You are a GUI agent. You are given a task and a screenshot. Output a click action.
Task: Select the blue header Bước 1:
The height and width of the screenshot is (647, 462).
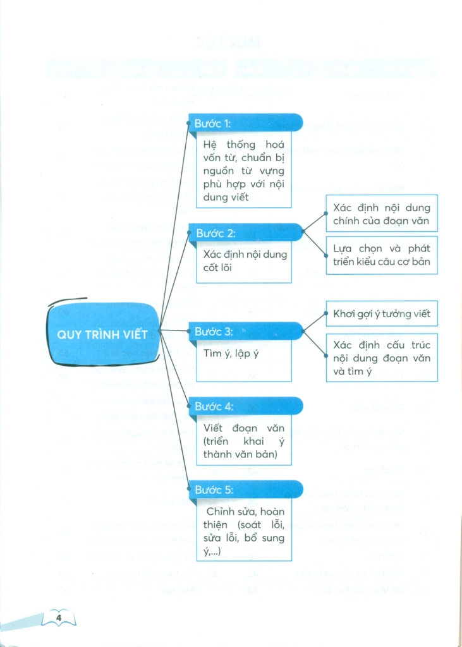243,123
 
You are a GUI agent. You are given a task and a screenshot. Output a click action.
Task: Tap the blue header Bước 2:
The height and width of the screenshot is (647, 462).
243,233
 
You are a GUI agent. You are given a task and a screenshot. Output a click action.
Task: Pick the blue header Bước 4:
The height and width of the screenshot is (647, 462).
243,406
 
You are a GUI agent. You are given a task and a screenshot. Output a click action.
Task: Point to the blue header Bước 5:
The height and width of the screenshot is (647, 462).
243,490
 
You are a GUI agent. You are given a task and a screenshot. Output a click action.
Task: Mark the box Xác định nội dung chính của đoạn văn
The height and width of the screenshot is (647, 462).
381,214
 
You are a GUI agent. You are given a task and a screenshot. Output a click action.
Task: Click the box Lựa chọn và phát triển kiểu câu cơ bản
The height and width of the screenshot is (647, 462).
381,255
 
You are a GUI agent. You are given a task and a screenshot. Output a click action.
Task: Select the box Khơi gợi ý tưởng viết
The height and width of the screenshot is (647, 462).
381,313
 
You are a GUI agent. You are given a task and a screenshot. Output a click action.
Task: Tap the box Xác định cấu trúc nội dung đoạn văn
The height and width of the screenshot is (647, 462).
381,358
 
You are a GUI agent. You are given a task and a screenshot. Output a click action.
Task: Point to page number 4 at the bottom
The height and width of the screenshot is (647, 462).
58,617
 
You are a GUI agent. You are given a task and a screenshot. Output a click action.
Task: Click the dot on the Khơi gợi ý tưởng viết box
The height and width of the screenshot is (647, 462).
326,313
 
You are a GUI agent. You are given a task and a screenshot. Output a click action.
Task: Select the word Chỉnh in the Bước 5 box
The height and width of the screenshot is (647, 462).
222,511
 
